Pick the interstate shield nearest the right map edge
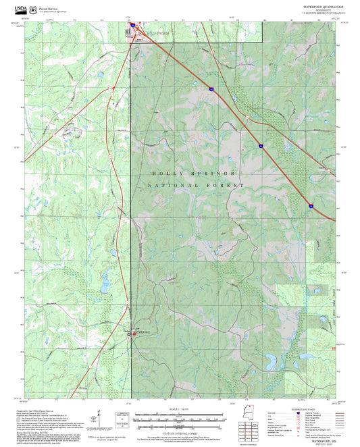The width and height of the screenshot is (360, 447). point(311,205)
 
